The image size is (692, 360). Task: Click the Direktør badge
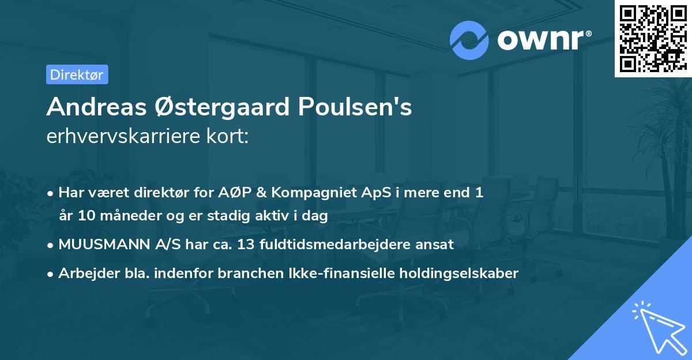pos(77,74)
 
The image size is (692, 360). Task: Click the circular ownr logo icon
pos(469,40)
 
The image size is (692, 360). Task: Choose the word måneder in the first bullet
pos(125,216)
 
